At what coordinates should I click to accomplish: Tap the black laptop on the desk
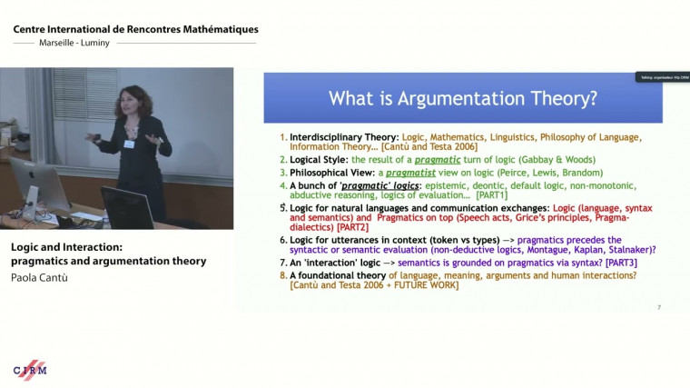click(x=126, y=207)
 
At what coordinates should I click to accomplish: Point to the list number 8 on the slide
click(x=282, y=275)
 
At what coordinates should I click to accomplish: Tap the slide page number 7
click(x=658, y=307)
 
